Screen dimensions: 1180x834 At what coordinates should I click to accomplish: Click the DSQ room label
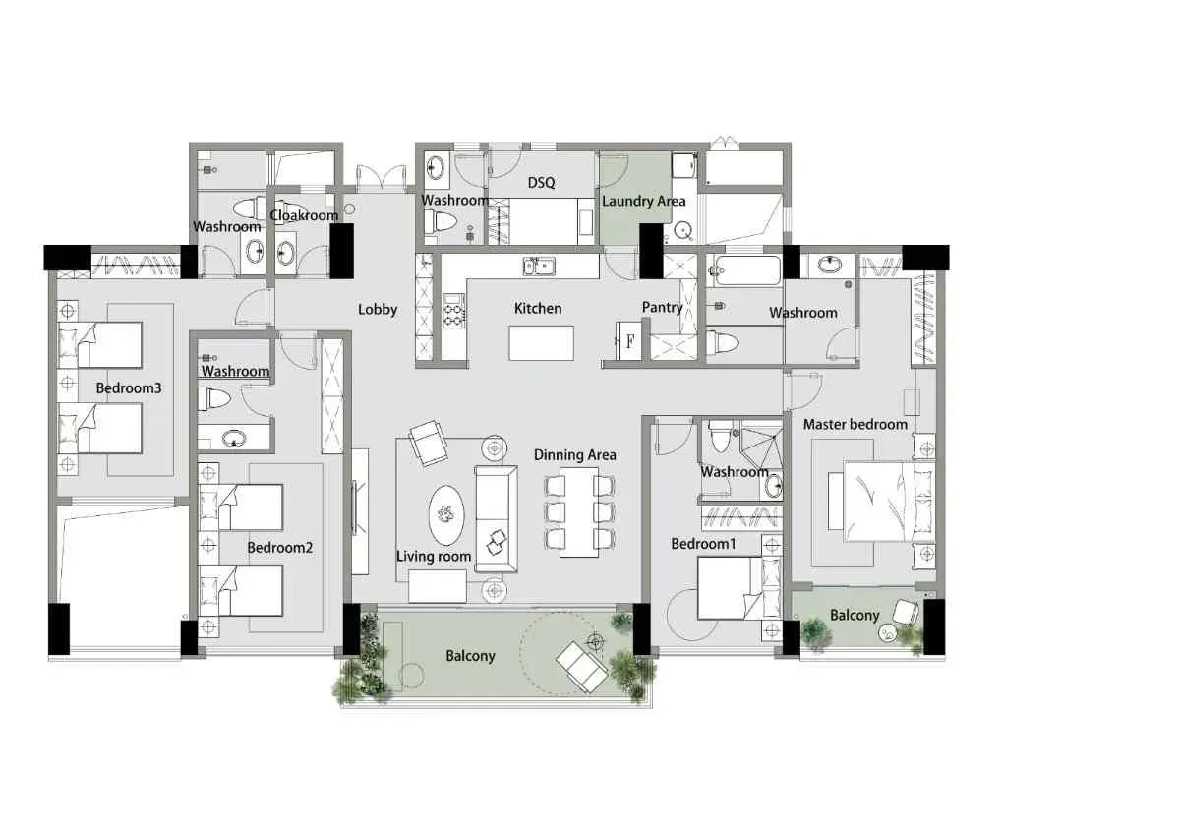[541, 182]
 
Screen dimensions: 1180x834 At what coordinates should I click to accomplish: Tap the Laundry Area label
[644, 201]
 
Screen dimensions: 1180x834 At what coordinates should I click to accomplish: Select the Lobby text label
[378, 309]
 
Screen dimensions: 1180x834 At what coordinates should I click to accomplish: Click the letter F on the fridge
[630, 341]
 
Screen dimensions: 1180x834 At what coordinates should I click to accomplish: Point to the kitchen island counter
[541, 343]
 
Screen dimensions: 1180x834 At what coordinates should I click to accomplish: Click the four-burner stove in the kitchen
[453, 311]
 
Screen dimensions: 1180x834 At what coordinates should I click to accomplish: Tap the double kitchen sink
[539, 267]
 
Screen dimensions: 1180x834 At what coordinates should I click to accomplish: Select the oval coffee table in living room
[446, 515]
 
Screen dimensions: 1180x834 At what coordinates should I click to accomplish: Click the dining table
[579, 511]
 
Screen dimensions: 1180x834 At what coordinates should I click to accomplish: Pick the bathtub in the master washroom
[743, 270]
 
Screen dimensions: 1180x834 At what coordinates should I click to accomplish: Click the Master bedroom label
[855, 424]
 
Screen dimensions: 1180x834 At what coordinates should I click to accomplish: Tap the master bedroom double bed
[888, 501]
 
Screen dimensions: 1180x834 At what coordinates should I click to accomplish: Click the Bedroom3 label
[129, 388]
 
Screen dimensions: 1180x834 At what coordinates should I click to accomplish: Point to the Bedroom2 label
[279, 548]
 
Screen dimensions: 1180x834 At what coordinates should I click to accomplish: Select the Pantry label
[662, 307]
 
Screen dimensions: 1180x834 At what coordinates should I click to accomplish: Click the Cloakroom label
[304, 215]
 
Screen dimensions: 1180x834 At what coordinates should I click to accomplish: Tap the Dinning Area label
[574, 454]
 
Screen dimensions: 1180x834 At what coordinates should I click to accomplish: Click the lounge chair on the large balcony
[581, 667]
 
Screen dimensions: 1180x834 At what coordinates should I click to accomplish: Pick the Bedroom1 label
[703, 544]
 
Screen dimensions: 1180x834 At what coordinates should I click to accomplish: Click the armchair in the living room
[429, 443]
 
